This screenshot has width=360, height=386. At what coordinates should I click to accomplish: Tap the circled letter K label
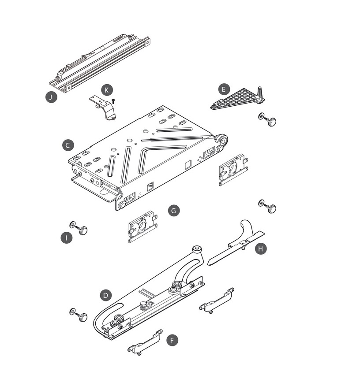click(x=106, y=89)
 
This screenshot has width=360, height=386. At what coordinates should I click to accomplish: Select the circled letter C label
click(x=67, y=145)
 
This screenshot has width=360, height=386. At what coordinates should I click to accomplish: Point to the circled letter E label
click(x=224, y=89)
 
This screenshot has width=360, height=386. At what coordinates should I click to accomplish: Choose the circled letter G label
click(x=174, y=211)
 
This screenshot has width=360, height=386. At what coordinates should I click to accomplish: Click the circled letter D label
click(x=105, y=295)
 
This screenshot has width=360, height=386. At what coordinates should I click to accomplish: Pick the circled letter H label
click(x=261, y=249)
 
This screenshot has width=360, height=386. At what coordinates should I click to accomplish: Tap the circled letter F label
click(x=172, y=340)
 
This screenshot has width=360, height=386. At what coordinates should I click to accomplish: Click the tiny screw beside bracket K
click(x=113, y=101)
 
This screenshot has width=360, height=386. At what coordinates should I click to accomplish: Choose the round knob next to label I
click(x=82, y=230)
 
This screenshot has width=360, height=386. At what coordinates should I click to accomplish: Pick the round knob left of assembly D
click(x=82, y=317)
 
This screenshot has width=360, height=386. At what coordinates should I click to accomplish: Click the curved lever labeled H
click(x=238, y=243)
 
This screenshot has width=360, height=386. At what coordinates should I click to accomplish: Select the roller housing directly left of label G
click(x=142, y=226)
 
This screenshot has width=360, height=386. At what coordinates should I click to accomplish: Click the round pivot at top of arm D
click(x=197, y=250)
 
